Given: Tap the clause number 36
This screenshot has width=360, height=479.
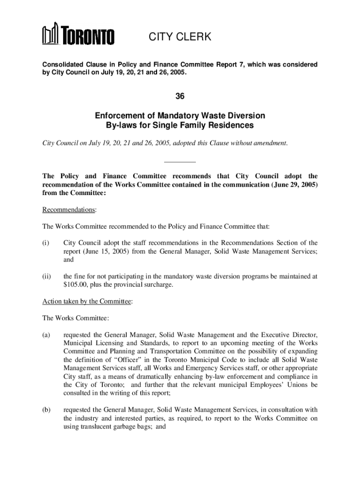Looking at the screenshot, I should pos(180,96).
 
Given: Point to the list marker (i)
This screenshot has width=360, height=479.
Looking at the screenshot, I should pos(46,243).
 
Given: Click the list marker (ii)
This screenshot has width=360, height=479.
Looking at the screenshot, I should pos(47,276).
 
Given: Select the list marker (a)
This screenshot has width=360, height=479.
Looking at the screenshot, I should pos(46,335).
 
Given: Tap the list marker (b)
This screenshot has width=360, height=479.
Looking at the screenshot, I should pos(46,410).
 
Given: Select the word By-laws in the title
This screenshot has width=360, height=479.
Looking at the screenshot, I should pos(122,125).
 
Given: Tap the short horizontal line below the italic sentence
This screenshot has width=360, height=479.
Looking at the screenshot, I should pos(180,162).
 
